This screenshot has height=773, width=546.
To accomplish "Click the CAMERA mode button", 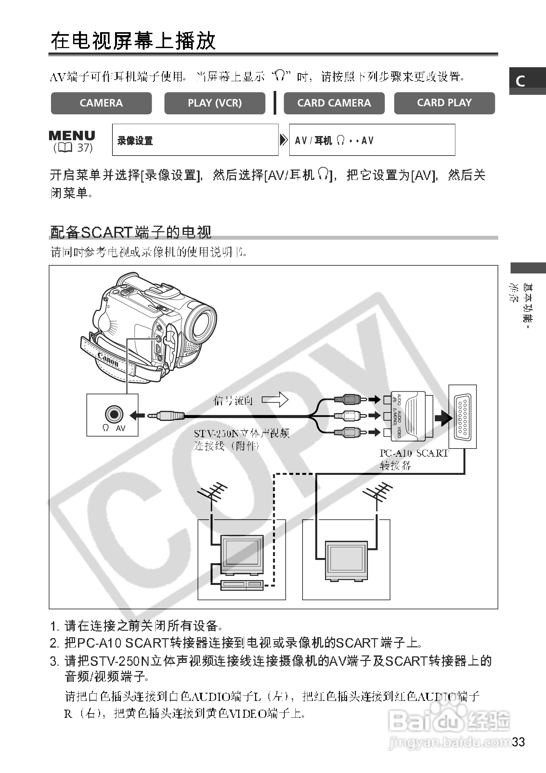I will (101, 103).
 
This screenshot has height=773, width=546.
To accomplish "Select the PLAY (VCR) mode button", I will (214, 103).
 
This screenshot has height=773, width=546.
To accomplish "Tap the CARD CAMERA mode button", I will (334, 103).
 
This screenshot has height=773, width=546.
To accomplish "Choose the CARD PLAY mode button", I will (444, 103).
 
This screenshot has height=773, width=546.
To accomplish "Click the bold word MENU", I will (72, 135).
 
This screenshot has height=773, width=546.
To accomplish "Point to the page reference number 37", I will (84, 148).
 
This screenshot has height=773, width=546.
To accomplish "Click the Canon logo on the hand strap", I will (108, 360).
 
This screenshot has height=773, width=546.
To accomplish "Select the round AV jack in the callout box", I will (114, 414).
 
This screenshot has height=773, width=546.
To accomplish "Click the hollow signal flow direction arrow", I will (275, 399).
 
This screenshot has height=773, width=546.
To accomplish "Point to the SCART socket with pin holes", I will (462, 417).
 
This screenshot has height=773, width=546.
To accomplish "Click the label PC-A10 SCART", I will (414, 453).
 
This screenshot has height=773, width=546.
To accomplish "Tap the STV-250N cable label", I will (241, 433).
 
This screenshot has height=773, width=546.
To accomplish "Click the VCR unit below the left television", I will (242, 585).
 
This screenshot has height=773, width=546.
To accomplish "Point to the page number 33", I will (518, 742).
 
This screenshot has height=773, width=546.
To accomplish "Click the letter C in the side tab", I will (520, 81).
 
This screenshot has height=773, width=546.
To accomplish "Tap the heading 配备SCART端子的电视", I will (131, 232).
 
